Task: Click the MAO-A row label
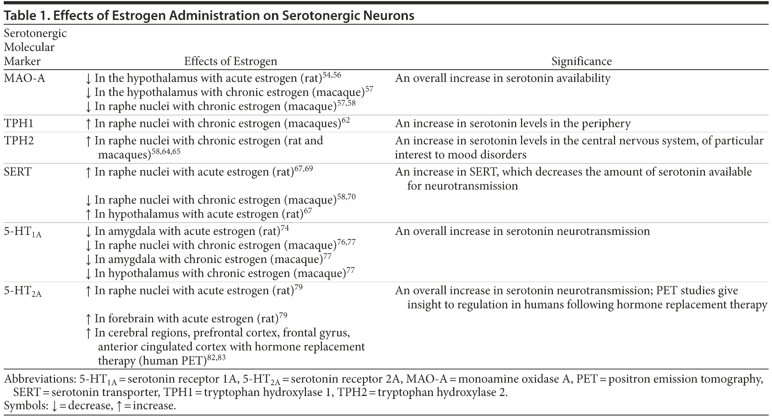[24, 78]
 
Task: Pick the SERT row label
[18, 172]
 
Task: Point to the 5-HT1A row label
[23, 232]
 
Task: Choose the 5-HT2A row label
[23, 291]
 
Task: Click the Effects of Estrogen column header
[230, 61]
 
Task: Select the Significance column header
[581, 61]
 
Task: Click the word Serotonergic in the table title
[348, 16]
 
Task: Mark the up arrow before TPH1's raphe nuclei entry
[88, 124]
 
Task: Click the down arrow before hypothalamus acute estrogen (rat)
[88, 79]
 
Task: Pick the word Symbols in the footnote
[25, 405]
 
